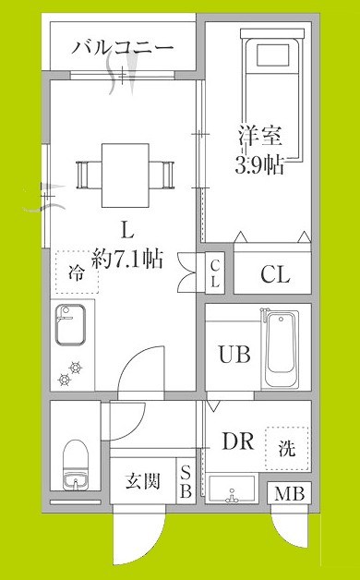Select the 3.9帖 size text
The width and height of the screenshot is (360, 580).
(258, 165)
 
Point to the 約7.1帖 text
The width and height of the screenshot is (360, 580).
(129, 259)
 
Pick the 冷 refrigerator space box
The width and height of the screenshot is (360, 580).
(75, 272)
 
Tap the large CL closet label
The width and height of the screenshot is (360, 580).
(274, 274)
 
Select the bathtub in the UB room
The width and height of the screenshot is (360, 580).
(280, 352)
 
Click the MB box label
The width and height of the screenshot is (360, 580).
(289, 494)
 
